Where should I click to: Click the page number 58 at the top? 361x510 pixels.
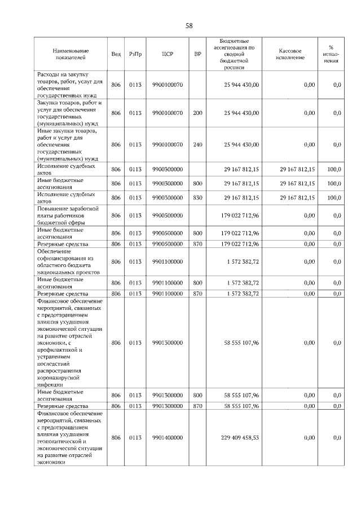pos(189,26)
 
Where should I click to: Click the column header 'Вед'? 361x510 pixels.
pos(116,55)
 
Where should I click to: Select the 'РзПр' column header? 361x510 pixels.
pos(135,55)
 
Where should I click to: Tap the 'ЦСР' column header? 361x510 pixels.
pos(167,55)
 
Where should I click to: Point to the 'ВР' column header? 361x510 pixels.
pos(197,55)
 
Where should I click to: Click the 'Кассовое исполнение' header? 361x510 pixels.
pos(290,55)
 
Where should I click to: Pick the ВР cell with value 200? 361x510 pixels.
pos(197,113)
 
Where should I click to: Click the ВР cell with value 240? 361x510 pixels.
pos(197,145)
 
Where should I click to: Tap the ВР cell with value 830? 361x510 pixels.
pos(197,198)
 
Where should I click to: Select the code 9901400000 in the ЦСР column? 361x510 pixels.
pos(167,438)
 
